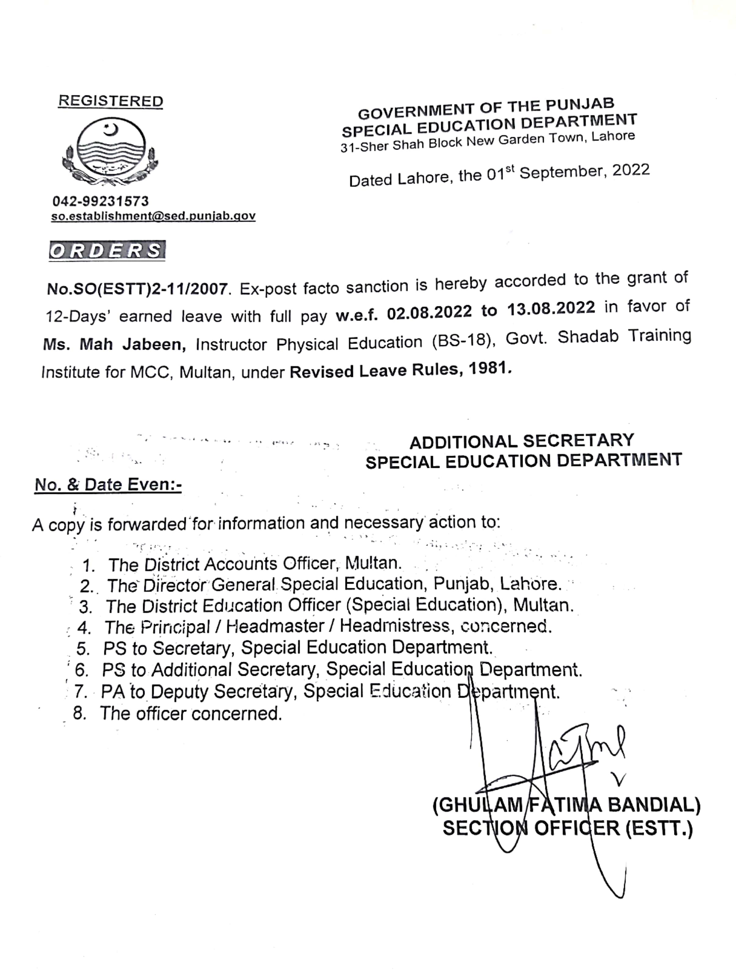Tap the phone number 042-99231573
click(x=101, y=201)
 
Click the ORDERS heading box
click(x=107, y=250)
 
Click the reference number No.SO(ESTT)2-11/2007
click(x=137, y=289)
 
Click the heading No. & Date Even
click(x=108, y=485)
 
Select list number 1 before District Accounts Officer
click(x=88, y=565)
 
